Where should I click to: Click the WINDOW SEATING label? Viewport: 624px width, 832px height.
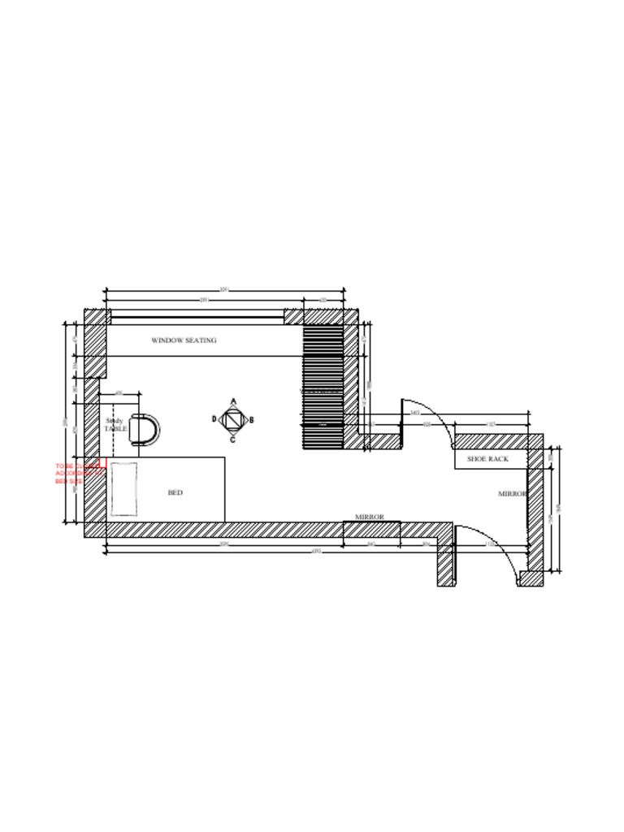pyautogui.click(x=184, y=340)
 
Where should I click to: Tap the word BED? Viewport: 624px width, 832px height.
pyautogui.click(x=175, y=492)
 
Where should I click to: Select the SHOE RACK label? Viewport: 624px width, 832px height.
pyautogui.click(x=487, y=459)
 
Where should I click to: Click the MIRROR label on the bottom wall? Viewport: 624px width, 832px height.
pyautogui.click(x=369, y=517)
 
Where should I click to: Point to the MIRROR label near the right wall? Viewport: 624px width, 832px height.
pyautogui.click(x=512, y=494)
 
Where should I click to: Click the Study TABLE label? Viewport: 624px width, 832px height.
pyautogui.click(x=115, y=425)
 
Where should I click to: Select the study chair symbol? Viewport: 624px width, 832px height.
pyautogui.click(x=145, y=429)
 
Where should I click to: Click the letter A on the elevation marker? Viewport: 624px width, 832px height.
pyautogui.click(x=233, y=401)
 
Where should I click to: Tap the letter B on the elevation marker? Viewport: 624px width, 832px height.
pyautogui.click(x=252, y=420)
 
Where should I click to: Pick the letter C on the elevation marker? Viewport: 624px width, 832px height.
pyautogui.click(x=232, y=440)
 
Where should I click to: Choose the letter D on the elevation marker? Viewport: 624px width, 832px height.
pyautogui.click(x=214, y=419)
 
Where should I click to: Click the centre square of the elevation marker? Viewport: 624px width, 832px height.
pyautogui.click(x=233, y=420)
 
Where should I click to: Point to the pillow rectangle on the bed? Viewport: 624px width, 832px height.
pyautogui.click(x=123, y=488)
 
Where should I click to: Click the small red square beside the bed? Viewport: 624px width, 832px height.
pyautogui.click(x=102, y=464)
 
